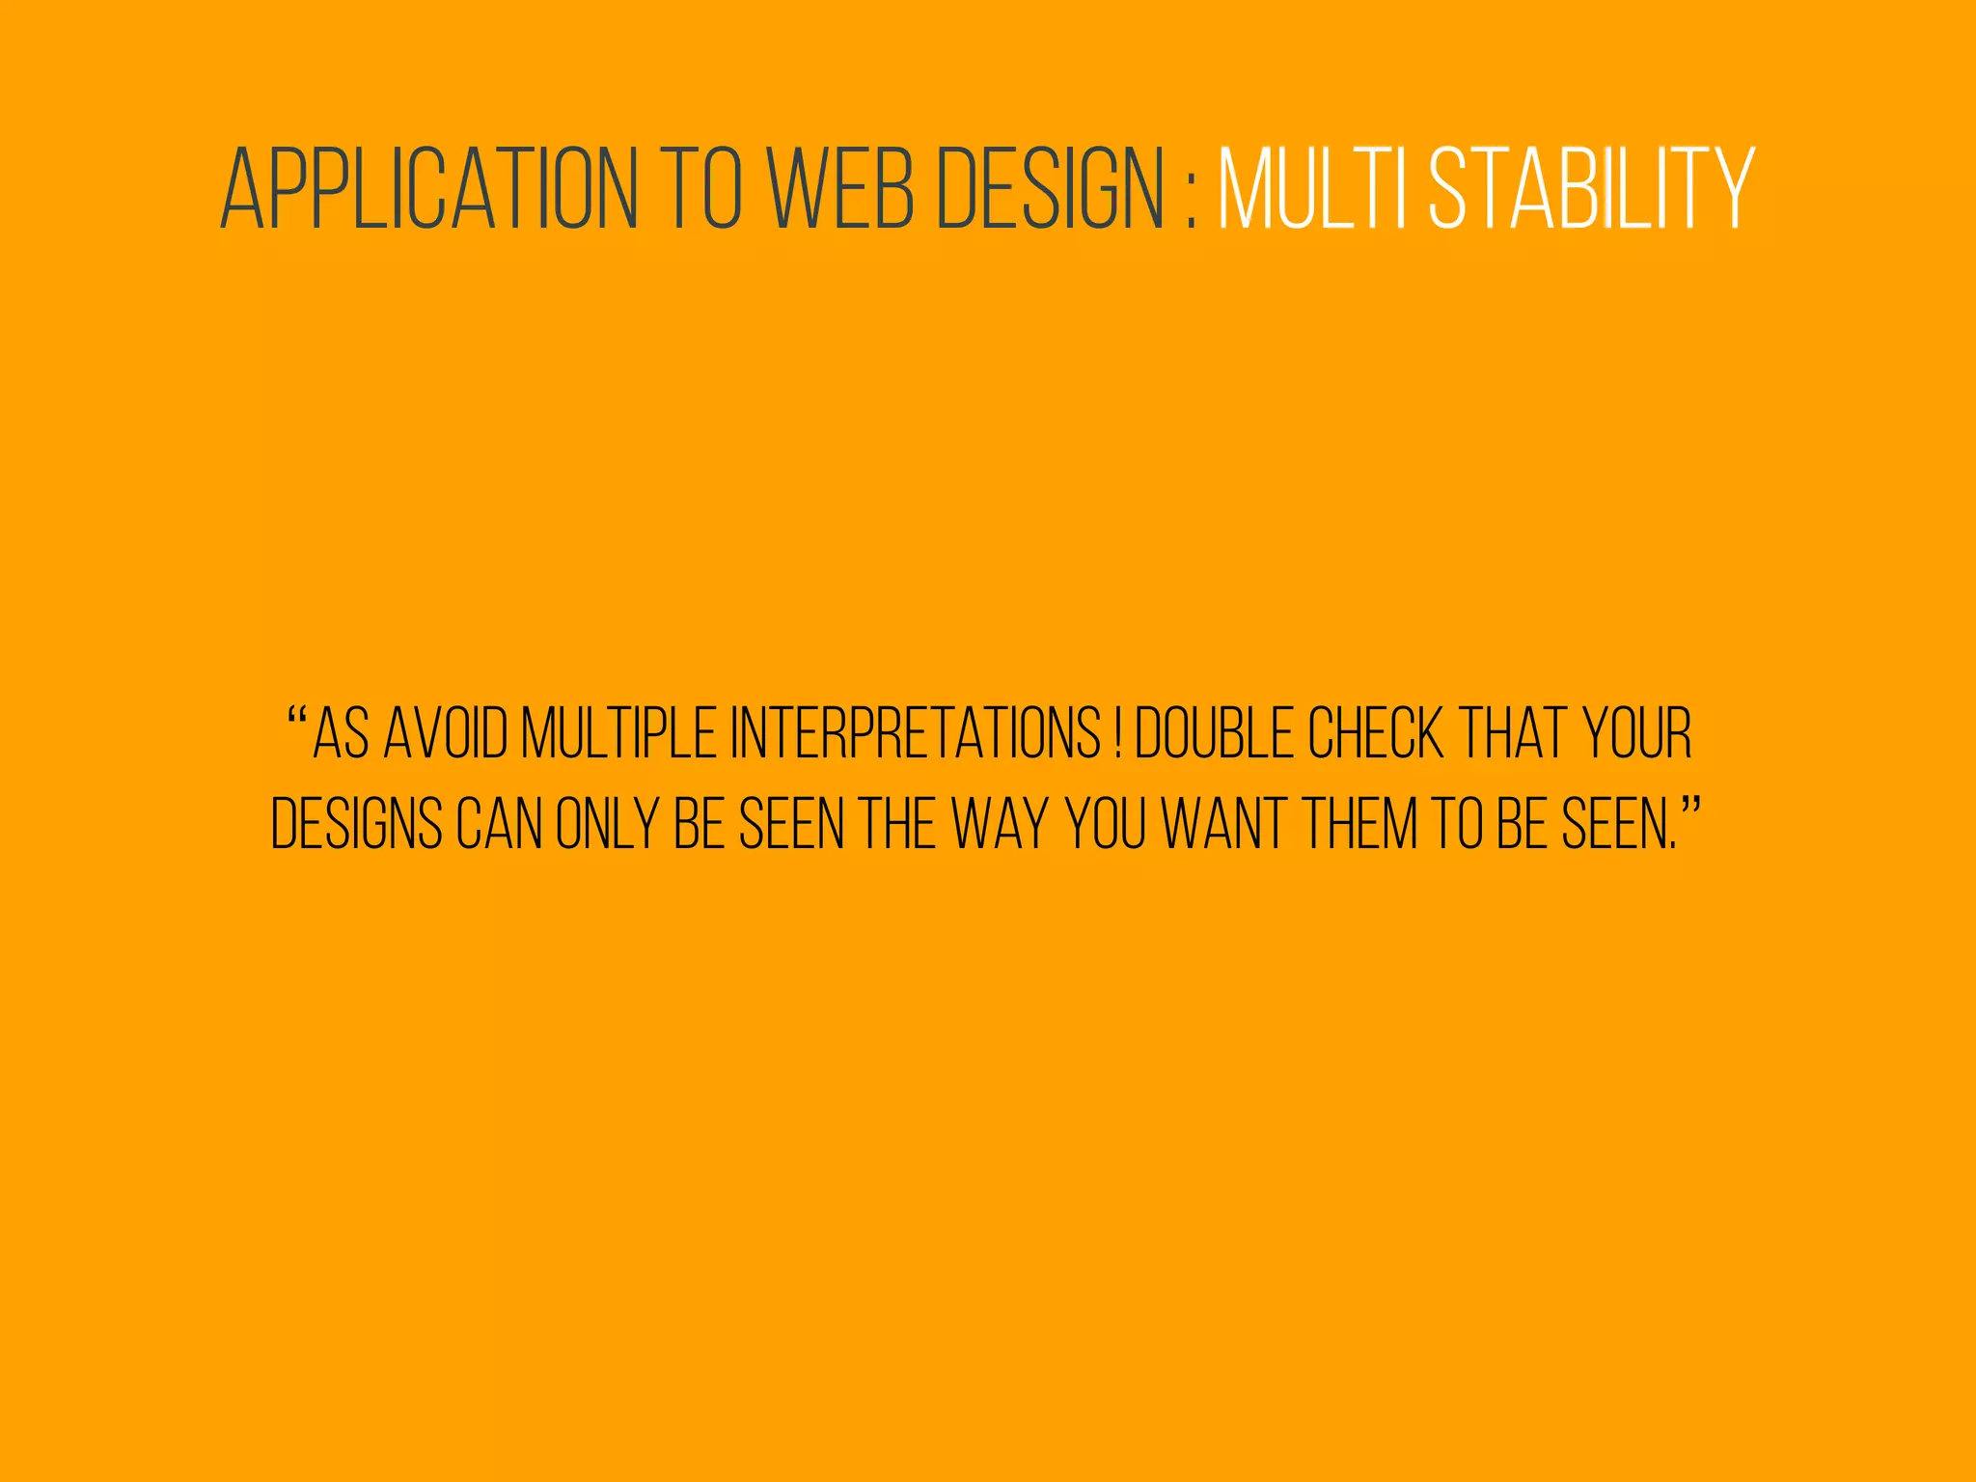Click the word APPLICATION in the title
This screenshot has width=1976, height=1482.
tap(429, 190)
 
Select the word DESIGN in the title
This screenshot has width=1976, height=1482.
tap(1052, 190)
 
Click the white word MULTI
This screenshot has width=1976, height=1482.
tap(1312, 190)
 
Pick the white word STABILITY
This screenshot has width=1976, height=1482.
tap(1592, 190)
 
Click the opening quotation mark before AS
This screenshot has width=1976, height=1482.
tap(297, 719)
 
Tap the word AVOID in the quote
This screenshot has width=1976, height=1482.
tap(446, 734)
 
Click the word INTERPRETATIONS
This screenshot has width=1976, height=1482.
tap(916, 734)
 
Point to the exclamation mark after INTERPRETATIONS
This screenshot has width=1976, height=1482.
tap(1117, 734)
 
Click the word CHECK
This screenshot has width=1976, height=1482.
tap(1376, 734)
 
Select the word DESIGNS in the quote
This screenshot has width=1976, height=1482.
tap(356, 824)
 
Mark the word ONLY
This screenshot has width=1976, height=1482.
tap(607, 824)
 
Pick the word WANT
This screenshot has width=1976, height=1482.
tap(1222, 824)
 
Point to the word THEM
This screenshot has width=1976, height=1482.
tap(1360, 824)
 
